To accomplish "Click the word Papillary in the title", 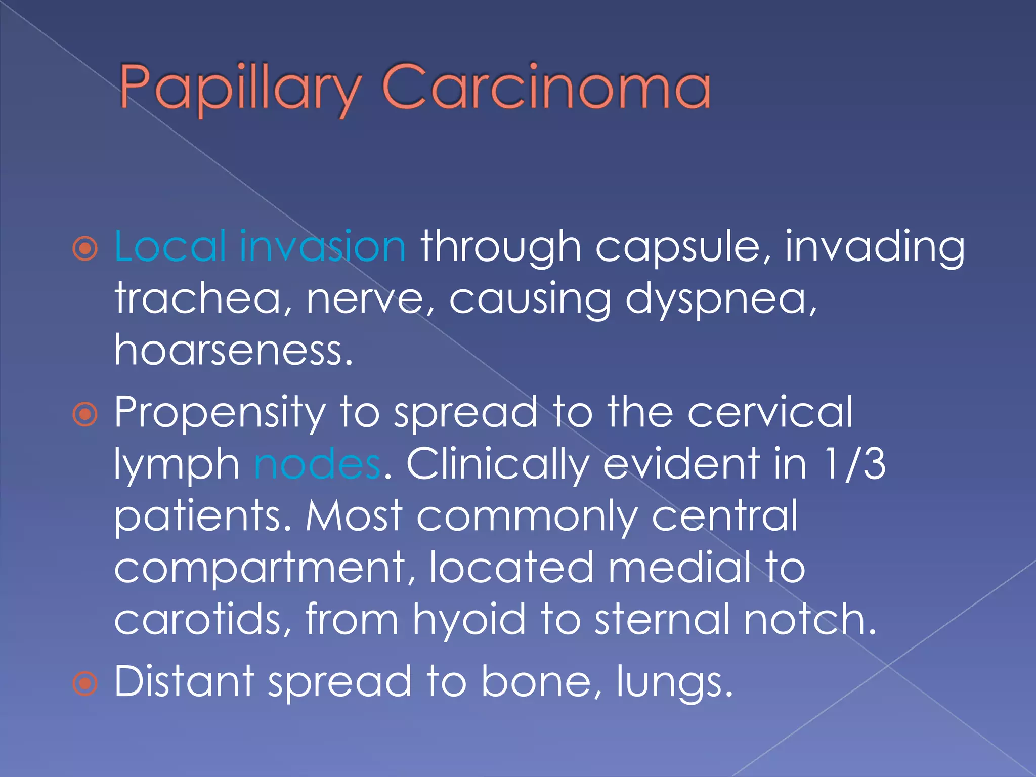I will [x=240, y=88].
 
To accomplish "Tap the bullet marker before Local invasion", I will [x=85, y=248].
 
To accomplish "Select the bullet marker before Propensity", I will [x=85, y=414].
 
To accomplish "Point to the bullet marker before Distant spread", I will [x=85, y=683].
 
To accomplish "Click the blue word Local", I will [x=170, y=246].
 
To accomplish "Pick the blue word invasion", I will [x=322, y=246].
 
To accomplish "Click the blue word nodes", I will [x=317, y=464].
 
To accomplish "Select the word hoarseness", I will [x=233, y=350].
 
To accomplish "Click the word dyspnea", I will [x=720, y=299].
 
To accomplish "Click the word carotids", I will [x=203, y=619].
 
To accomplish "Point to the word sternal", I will [x=662, y=619].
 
